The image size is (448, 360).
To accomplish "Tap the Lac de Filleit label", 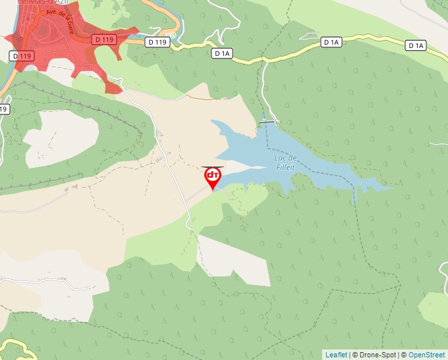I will [x=285, y=163].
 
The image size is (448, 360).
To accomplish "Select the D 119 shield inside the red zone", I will [x=104, y=41].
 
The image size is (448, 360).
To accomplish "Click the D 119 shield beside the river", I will [x=21, y=56].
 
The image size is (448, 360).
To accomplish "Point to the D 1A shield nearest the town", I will [x=223, y=52].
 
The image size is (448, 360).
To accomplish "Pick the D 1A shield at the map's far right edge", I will [x=416, y=45].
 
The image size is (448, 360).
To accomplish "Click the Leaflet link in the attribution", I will [x=336, y=355].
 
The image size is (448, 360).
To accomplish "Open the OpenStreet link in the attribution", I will [x=427, y=355].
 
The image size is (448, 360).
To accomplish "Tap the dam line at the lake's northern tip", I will [x=267, y=121].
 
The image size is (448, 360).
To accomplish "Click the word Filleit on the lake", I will [x=285, y=167].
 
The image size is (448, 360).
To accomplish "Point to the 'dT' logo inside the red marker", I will [x=213, y=175].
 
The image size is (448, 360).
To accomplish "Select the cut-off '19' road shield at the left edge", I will [x=3, y=109].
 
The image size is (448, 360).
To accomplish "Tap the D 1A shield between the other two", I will [x=331, y=42].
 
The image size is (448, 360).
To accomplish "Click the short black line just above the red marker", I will [x=212, y=167].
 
